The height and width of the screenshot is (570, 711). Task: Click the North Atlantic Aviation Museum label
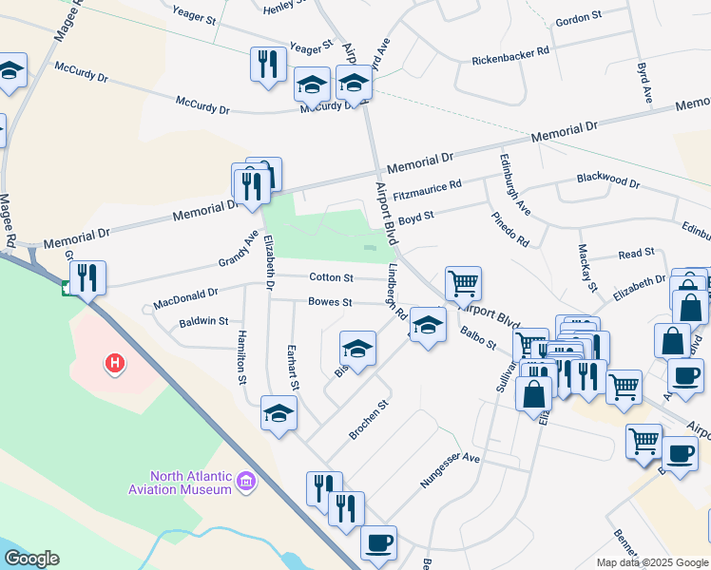click(180, 483)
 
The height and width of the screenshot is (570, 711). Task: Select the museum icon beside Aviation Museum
click(246, 483)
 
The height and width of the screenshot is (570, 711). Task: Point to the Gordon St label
click(579, 17)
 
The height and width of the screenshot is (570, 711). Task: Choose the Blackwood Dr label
click(608, 180)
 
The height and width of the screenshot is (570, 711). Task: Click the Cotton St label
click(331, 277)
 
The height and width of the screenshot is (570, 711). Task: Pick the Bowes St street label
click(330, 302)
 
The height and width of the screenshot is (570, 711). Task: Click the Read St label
click(636, 254)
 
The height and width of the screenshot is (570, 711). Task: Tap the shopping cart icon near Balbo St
click(463, 282)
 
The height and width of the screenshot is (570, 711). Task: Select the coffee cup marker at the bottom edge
click(379, 542)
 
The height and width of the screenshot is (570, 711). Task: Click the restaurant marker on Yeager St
click(268, 64)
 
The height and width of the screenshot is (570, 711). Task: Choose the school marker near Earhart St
click(279, 412)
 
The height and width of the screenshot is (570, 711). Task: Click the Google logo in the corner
click(31, 559)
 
